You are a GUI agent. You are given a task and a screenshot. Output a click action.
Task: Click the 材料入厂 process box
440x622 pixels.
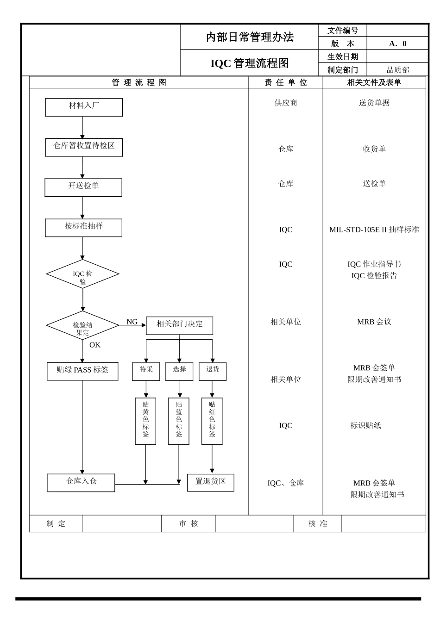[x=84, y=107]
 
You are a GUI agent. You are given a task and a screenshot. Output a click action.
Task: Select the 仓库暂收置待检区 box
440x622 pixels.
[x=84, y=147]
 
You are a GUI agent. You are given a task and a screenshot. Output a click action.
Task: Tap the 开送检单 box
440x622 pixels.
[x=83, y=187]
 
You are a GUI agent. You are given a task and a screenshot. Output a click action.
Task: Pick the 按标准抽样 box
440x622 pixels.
[x=83, y=228]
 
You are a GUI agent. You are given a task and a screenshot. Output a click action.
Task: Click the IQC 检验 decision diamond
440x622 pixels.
[x=82, y=274]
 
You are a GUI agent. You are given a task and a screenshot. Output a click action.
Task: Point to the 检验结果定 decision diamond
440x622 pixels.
[x=82, y=325]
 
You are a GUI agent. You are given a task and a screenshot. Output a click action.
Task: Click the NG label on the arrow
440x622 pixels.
[x=132, y=322]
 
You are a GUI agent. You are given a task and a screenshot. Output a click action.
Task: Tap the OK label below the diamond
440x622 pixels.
[x=94, y=345]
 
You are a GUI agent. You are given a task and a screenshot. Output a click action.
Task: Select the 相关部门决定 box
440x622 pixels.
[x=179, y=325]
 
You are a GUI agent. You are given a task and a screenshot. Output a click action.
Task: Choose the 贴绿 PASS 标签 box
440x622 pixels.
[x=82, y=371]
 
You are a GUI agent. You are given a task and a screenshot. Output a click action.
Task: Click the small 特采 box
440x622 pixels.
[x=146, y=371]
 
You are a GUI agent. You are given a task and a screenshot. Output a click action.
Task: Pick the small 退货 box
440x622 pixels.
[x=213, y=371]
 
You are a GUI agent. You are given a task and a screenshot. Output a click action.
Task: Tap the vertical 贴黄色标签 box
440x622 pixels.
[x=145, y=421]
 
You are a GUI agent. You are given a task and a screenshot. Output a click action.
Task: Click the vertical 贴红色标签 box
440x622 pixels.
[x=212, y=421]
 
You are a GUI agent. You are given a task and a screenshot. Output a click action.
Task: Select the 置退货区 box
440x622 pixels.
[x=211, y=482]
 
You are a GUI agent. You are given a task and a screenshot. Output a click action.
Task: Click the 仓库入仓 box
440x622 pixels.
[x=81, y=482]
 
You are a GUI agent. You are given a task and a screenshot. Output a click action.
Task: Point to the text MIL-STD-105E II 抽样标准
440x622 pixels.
[x=374, y=230]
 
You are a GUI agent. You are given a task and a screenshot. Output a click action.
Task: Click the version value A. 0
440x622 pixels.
[x=397, y=44]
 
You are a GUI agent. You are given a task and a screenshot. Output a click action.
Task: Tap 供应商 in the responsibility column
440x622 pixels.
[x=286, y=103]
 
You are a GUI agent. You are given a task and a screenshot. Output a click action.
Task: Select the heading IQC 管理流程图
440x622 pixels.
[x=249, y=63]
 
